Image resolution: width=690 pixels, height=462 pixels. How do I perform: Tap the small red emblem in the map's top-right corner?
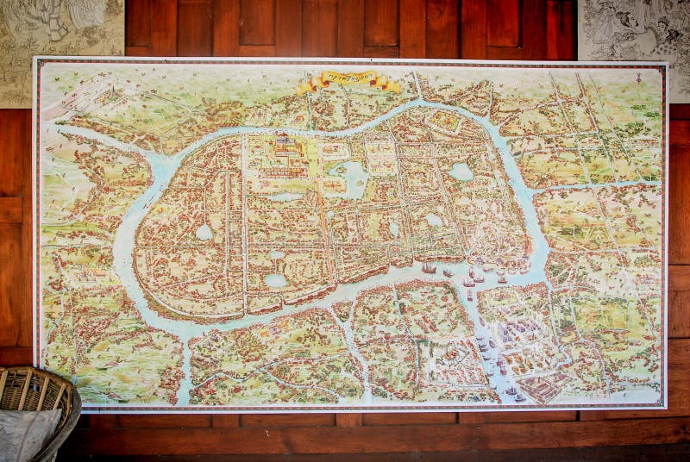[x=638, y=77]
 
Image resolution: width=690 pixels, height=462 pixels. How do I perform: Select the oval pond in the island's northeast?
[x=461, y=172]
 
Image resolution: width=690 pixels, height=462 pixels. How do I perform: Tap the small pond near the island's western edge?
[x=204, y=232]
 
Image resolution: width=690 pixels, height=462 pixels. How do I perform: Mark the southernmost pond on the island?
[x=275, y=280]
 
